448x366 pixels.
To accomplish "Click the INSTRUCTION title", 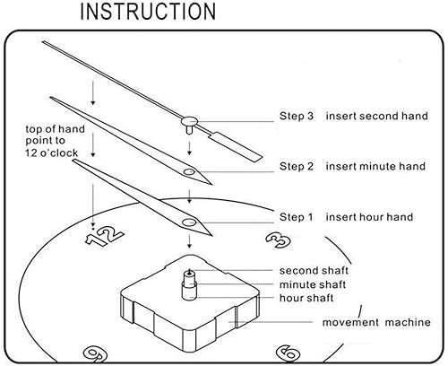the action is pyautogui.click(x=148, y=12).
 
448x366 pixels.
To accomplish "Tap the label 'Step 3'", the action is pyautogui.click(x=297, y=116).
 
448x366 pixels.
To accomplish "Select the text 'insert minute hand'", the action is pyautogui.click(x=375, y=166).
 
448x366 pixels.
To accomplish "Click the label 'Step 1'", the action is pyautogui.click(x=296, y=217).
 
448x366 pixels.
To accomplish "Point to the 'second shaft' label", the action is pyautogui.click(x=314, y=271).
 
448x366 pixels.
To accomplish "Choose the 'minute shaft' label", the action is pyautogui.click(x=313, y=284).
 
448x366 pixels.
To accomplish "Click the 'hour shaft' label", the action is pyautogui.click(x=306, y=298).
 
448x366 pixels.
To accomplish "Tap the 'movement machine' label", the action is pyautogui.click(x=376, y=322).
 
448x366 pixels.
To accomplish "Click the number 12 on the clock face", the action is pyautogui.click(x=104, y=235).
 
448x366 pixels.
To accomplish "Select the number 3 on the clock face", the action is pyautogui.click(x=278, y=240).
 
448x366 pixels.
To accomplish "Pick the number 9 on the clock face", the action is pyautogui.click(x=95, y=353).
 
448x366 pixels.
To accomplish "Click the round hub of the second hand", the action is pyautogui.click(x=189, y=121).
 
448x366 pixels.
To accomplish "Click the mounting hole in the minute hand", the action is pyautogui.click(x=189, y=171).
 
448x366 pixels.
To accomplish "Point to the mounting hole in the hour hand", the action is pyautogui.click(x=189, y=222).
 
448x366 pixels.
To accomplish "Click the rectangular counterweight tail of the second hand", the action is pyautogui.click(x=236, y=147).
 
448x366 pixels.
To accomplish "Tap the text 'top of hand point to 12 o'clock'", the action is pyautogui.click(x=56, y=141).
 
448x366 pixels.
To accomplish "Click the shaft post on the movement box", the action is pyautogui.click(x=189, y=284).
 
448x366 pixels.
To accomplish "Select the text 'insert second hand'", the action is pyautogui.click(x=376, y=116).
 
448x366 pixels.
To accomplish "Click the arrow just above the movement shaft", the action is pyautogui.click(x=189, y=241).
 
